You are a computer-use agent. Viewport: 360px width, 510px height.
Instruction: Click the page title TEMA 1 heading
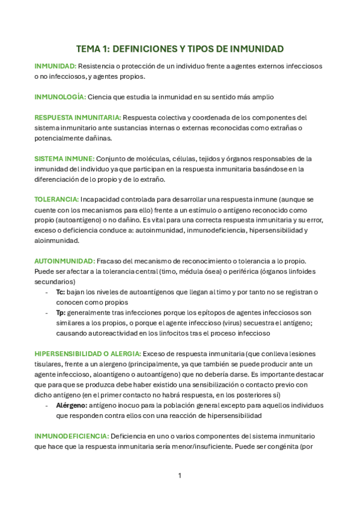tap(180, 49)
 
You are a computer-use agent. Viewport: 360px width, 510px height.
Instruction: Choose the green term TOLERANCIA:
tap(56, 199)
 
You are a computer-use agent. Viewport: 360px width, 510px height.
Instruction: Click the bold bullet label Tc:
tap(60, 292)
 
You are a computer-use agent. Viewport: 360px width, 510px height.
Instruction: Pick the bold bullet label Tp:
tap(61, 313)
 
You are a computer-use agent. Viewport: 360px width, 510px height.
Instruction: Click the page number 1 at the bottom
tap(180, 476)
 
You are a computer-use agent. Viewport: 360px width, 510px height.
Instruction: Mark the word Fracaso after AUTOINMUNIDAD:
tap(111, 261)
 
